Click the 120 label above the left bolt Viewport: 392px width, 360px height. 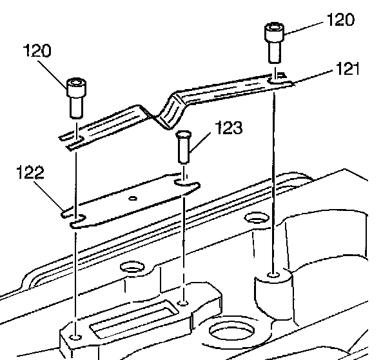coord(38,52)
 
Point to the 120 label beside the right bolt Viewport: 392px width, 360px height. coord(340,20)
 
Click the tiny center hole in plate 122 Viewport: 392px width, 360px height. coord(132,198)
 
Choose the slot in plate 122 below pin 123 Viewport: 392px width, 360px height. coord(186,186)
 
